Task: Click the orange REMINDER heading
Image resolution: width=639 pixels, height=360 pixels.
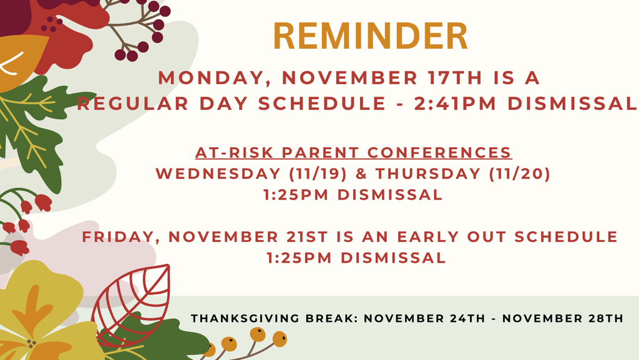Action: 371,37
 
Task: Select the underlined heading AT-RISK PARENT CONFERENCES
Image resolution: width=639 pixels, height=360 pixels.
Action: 353,153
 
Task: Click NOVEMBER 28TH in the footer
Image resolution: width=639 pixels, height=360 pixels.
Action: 562,319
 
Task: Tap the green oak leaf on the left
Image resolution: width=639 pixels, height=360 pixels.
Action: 31,131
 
